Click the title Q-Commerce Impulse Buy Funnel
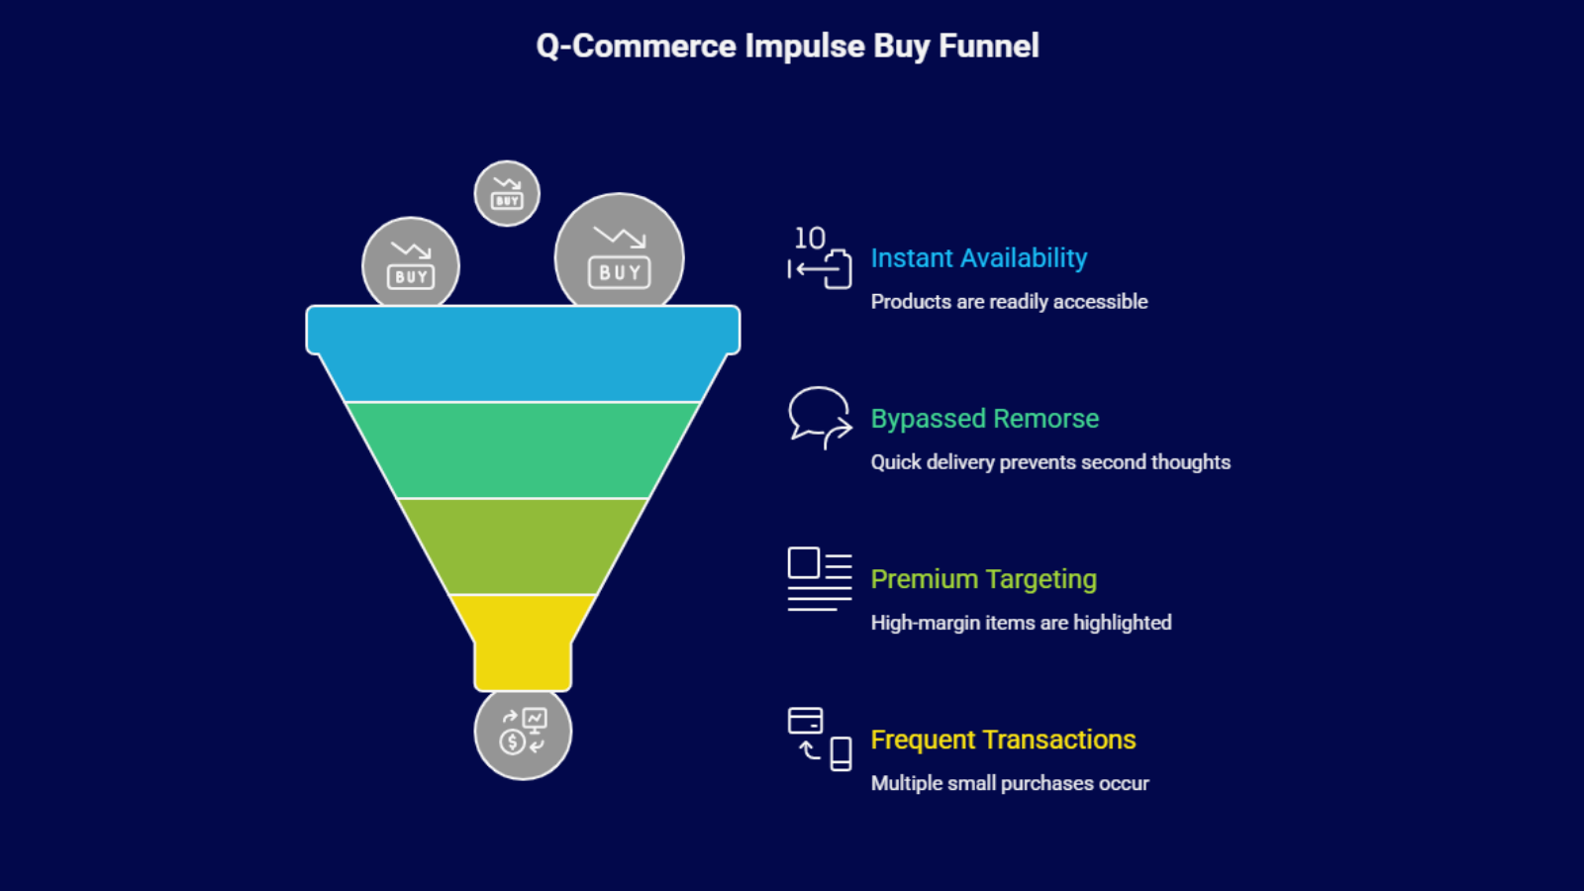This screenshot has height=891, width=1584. point(787,46)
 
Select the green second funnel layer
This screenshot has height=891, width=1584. point(523,450)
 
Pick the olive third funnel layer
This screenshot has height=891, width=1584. point(523,546)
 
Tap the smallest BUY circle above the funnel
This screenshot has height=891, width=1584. point(507,193)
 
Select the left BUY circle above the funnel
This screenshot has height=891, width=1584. point(411,264)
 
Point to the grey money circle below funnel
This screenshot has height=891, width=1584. point(523,733)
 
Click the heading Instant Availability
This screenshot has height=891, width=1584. point(978,258)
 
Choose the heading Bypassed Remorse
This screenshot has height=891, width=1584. point(984,419)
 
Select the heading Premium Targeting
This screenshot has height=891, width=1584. point(983,579)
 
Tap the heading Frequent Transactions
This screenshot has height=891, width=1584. point(1003,740)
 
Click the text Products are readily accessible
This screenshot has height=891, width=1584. point(1009,302)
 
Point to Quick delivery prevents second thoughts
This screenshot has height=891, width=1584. point(1050,462)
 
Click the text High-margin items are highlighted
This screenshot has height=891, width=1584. point(1021,623)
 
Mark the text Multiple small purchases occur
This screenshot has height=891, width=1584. point(1010,783)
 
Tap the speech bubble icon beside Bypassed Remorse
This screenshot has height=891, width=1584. point(819,417)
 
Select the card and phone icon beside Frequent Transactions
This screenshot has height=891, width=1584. point(819,739)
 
